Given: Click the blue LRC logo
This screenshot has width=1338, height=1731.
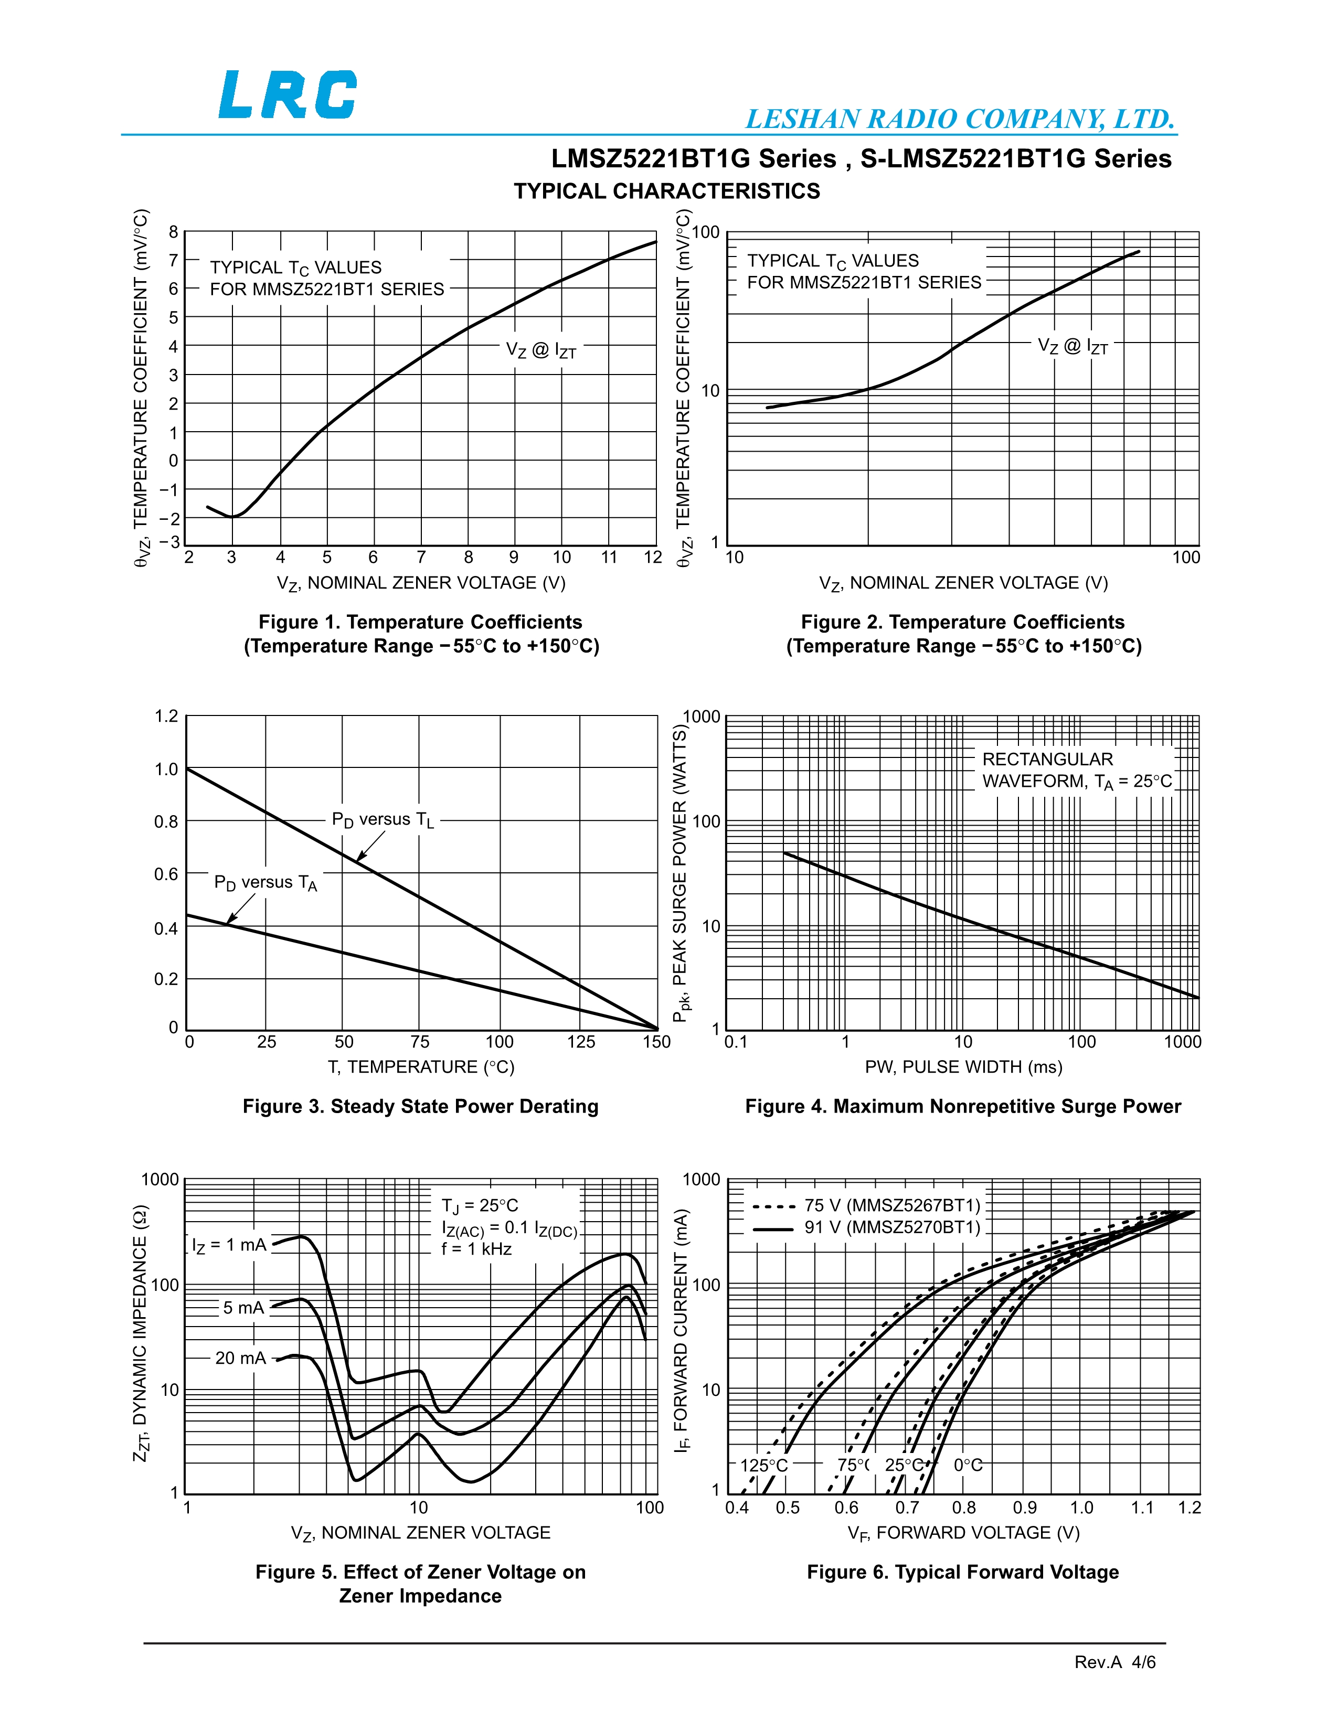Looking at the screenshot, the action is coord(288,94).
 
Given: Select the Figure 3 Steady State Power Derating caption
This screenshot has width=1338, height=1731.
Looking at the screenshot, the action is coord(420,1106).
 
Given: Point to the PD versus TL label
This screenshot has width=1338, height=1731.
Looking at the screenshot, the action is coord(383,820).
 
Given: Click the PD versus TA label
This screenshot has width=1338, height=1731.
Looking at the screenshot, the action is coord(266,883).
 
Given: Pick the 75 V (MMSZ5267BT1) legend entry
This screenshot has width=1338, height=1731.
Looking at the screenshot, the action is coord(866,1205).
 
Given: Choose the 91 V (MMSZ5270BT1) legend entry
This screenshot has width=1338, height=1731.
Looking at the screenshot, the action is coord(866,1228).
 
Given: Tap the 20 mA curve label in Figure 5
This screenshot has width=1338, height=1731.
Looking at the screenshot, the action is coord(241,1358).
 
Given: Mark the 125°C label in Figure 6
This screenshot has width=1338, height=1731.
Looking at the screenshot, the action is coord(764,1465).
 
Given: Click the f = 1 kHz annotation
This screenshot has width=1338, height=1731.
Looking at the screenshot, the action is coord(476,1249).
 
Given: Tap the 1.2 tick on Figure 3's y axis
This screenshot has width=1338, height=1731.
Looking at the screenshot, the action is coord(166,717).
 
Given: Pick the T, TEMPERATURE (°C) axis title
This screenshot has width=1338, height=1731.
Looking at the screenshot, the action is coord(421,1067).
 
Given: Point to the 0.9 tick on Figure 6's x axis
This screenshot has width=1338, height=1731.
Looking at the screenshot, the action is coord(1025,1508).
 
